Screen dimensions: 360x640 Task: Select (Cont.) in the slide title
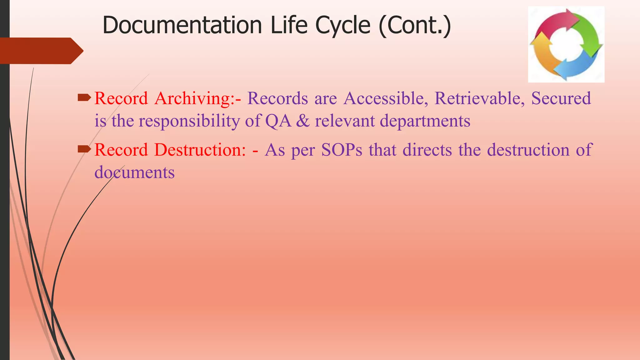(x=415, y=26)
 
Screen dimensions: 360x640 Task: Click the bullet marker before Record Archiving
(x=84, y=98)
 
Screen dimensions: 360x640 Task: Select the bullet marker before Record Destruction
(x=84, y=150)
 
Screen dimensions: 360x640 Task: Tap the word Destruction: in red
(x=200, y=150)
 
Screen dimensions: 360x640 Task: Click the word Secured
(x=561, y=98)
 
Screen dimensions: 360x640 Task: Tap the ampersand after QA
(x=302, y=121)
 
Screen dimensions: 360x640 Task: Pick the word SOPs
(x=342, y=150)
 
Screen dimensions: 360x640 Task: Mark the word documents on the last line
(x=134, y=172)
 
